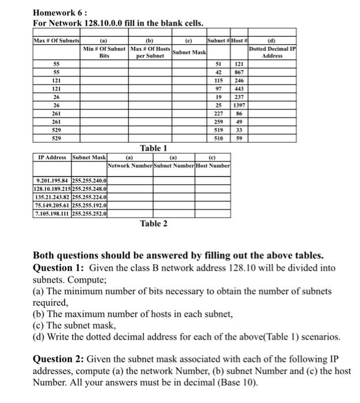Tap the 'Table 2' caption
[x=153, y=223]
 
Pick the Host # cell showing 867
[x=238, y=73]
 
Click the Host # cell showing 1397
[x=238, y=106]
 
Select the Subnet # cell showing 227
[x=218, y=114]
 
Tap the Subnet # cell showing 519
[x=218, y=130]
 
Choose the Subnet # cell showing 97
[x=218, y=89]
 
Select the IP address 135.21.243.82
[x=52, y=197]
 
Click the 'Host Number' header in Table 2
[x=213, y=166]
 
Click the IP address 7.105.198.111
[x=52, y=214]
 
